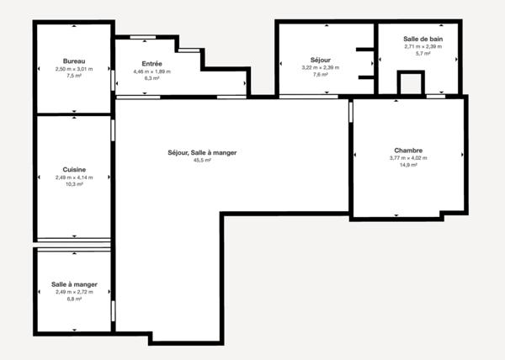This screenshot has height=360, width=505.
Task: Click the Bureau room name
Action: click(x=74, y=61)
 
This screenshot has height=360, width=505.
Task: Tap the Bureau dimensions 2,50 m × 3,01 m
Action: click(x=74, y=68)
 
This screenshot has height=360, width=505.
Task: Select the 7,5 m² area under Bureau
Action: click(x=74, y=75)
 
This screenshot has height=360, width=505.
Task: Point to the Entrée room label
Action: click(x=152, y=64)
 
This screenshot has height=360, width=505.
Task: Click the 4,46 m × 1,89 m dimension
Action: click(x=152, y=71)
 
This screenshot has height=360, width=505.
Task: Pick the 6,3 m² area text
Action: click(x=152, y=78)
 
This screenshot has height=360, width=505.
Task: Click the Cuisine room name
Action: click(x=74, y=170)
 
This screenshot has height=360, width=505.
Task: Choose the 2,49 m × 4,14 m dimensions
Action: click(x=74, y=177)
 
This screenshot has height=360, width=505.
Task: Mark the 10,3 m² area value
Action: click(x=74, y=184)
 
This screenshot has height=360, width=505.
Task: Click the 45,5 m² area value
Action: click(x=202, y=160)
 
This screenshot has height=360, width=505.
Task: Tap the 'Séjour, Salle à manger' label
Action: click(x=202, y=152)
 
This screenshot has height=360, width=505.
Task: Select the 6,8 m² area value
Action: click(x=74, y=299)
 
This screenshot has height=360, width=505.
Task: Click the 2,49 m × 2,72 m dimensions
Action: click(x=74, y=292)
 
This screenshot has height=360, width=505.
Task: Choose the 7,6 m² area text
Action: click(x=321, y=75)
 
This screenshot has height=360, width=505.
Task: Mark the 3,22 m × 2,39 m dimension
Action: click(x=321, y=68)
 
